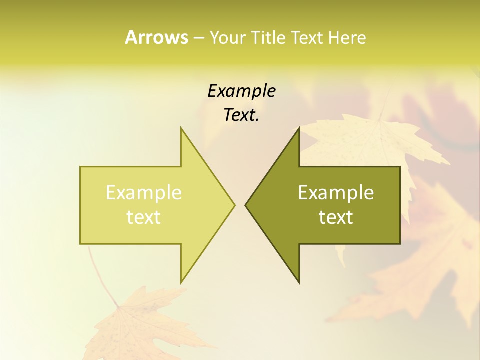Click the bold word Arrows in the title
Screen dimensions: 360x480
(156, 37)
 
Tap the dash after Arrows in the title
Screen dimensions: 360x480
(198, 38)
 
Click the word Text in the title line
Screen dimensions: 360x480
(306, 38)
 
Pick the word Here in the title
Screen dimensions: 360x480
(347, 38)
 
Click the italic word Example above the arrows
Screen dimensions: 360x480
(241, 91)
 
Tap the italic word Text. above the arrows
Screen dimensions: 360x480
(241, 115)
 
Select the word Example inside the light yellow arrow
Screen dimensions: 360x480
(144, 192)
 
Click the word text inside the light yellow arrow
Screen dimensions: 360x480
(144, 217)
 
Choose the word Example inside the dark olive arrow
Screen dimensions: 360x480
(336, 192)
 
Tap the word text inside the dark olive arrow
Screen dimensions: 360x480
(336, 217)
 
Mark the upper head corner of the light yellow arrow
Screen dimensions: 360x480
(181, 128)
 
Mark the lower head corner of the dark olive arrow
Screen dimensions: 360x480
(299, 282)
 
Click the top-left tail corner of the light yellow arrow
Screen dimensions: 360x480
(81, 167)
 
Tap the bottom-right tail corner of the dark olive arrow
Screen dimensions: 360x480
(399, 243)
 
